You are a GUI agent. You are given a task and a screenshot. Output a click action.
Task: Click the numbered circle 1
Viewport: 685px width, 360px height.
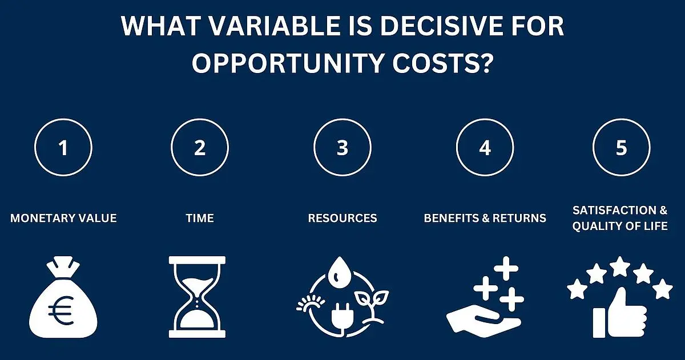pyautogui.click(x=63, y=119)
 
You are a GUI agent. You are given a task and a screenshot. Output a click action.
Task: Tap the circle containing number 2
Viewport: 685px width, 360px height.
pyautogui.click(x=200, y=119)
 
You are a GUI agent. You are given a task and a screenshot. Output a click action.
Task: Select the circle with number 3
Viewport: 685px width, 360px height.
pyautogui.click(x=342, y=119)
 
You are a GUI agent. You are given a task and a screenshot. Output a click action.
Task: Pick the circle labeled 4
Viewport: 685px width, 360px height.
pyautogui.click(x=485, y=119)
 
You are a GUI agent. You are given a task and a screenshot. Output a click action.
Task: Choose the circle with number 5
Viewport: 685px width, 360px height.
pyautogui.click(x=622, y=119)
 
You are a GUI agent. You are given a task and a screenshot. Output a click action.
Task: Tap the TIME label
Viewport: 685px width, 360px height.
pyautogui.click(x=200, y=218)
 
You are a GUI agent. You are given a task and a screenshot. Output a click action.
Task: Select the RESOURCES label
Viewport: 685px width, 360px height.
pyautogui.click(x=342, y=218)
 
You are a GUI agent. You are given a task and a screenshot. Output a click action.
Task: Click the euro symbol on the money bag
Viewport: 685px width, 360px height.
pyautogui.click(x=61, y=310)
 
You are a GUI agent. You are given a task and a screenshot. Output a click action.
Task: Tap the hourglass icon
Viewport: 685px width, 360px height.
pyautogui.click(x=198, y=297)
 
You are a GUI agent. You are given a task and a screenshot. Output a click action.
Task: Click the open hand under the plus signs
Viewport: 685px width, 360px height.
pyautogui.click(x=483, y=324)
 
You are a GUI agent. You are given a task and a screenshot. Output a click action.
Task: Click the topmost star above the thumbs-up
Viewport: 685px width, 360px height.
pyautogui.click(x=620, y=266)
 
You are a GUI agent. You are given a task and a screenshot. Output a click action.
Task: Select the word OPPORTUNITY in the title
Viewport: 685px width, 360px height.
pyautogui.click(x=288, y=63)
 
